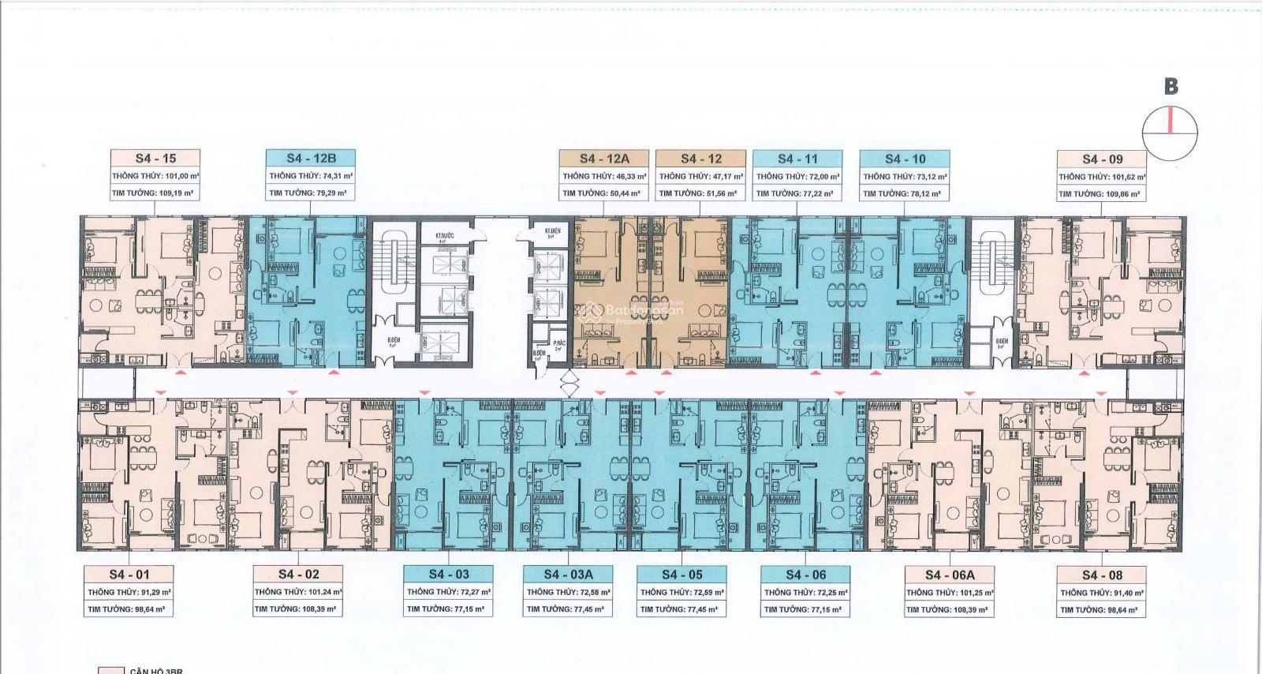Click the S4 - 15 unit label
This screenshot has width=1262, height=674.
pos(155,159)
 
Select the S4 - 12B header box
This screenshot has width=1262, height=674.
pos(311,159)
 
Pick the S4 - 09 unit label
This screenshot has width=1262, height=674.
pos(1102,159)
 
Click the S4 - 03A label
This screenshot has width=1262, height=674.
pos(568,575)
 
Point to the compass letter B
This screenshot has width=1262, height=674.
pos(1171,86)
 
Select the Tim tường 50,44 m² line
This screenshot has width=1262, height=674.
pos(600,193)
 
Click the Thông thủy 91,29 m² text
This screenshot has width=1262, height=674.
pos(129,592)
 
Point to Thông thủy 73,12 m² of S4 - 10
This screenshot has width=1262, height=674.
pos(905,177)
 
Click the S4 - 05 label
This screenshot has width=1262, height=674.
pos(681,575)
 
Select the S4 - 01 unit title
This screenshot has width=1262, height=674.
pos(129,575)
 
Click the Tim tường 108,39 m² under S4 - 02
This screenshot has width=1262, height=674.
pos(297,609)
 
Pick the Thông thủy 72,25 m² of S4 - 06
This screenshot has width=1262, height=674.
pos(805,592)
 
